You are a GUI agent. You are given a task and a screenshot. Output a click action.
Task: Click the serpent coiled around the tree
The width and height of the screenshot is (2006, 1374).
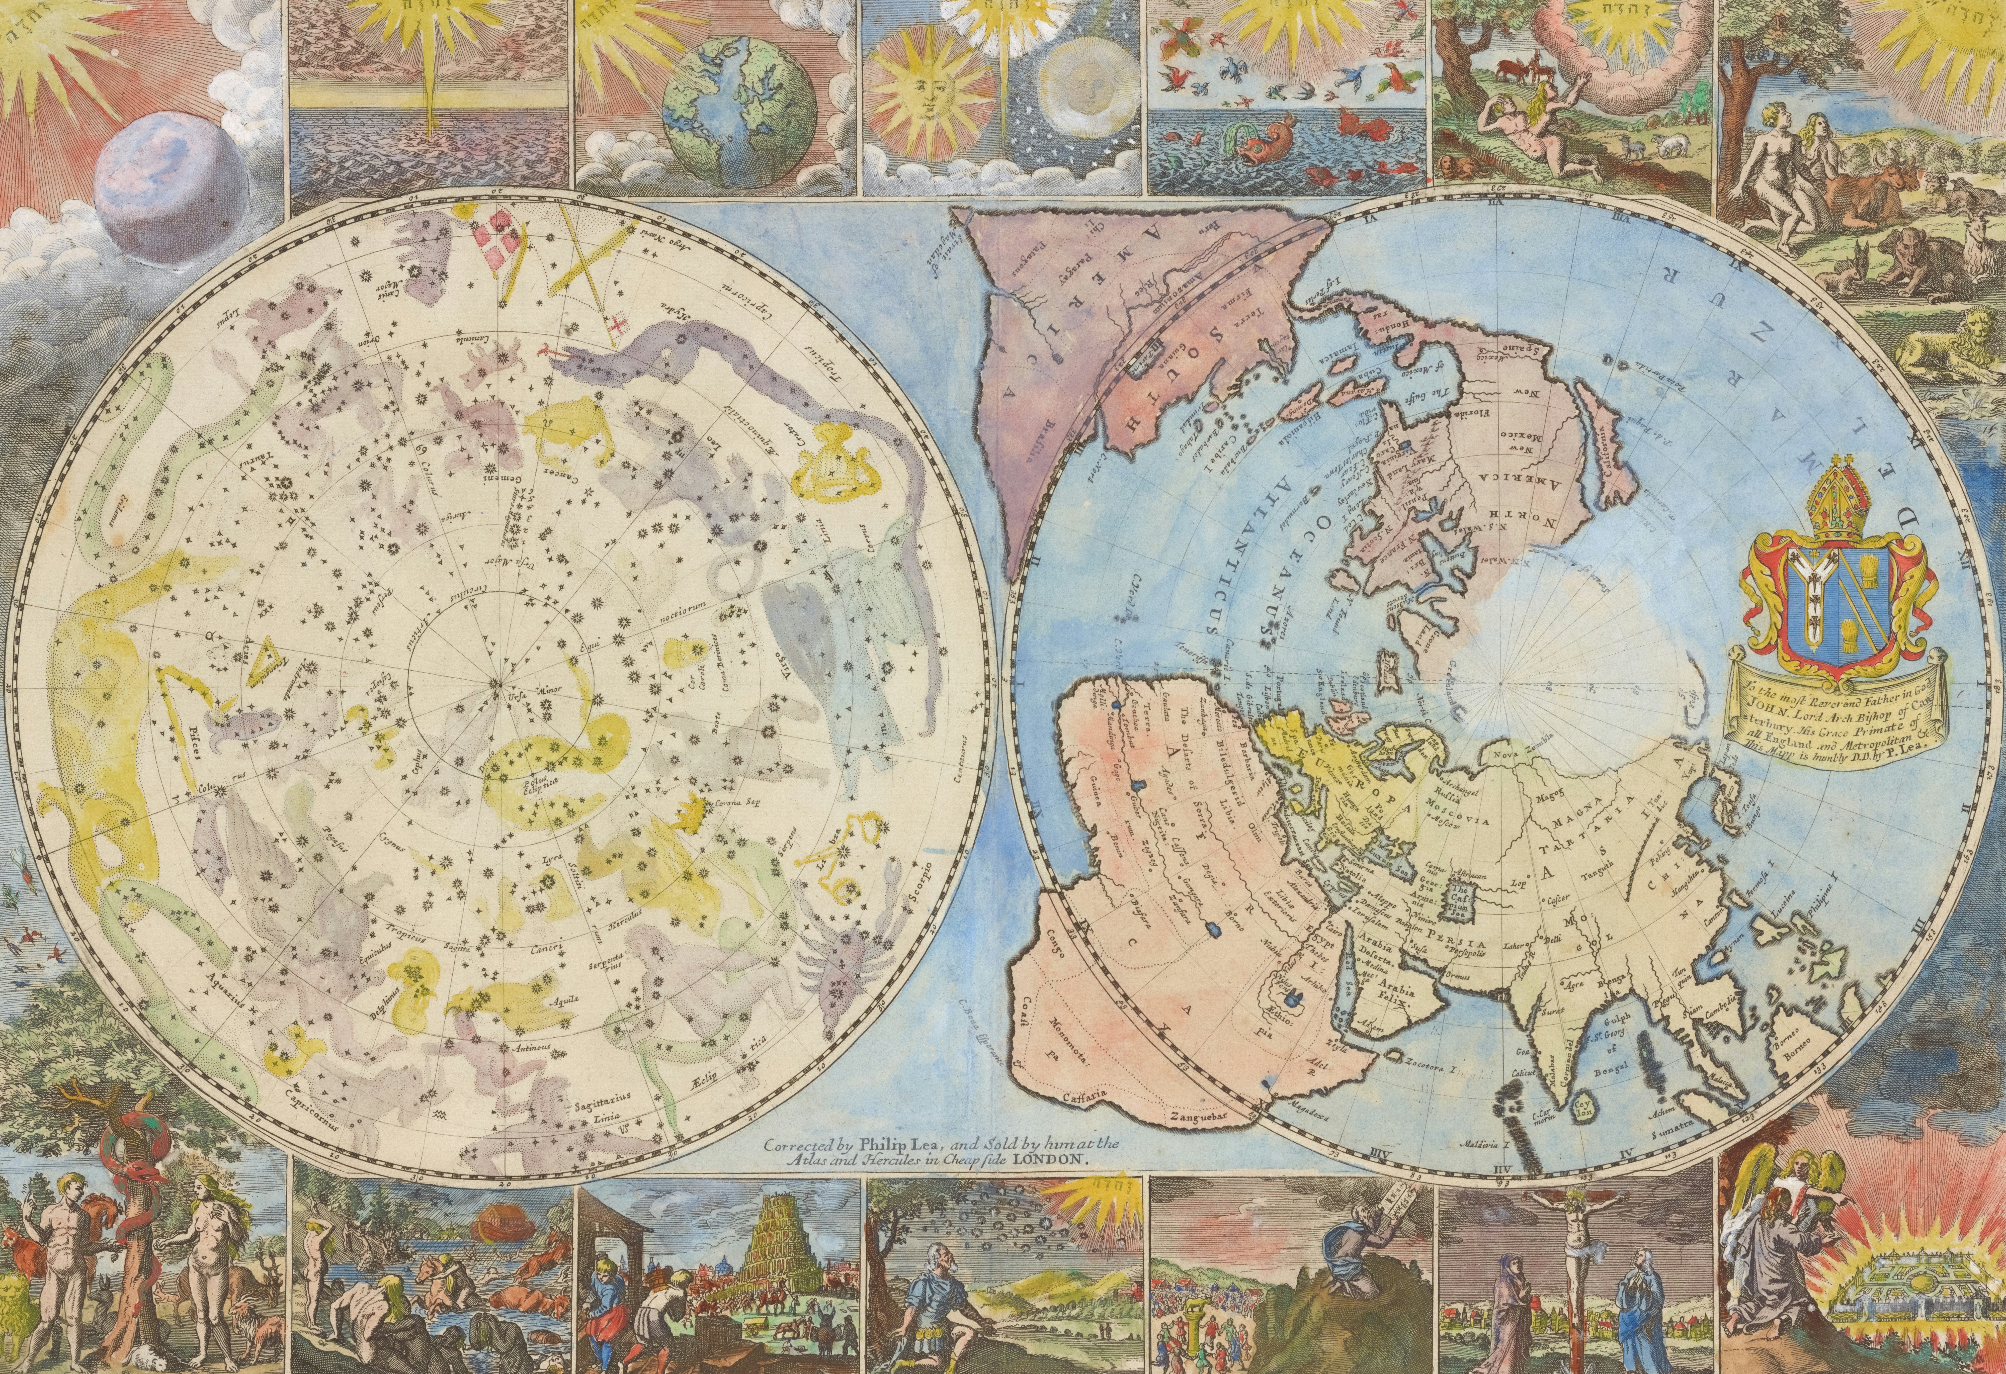click(x=129, y=1165)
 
